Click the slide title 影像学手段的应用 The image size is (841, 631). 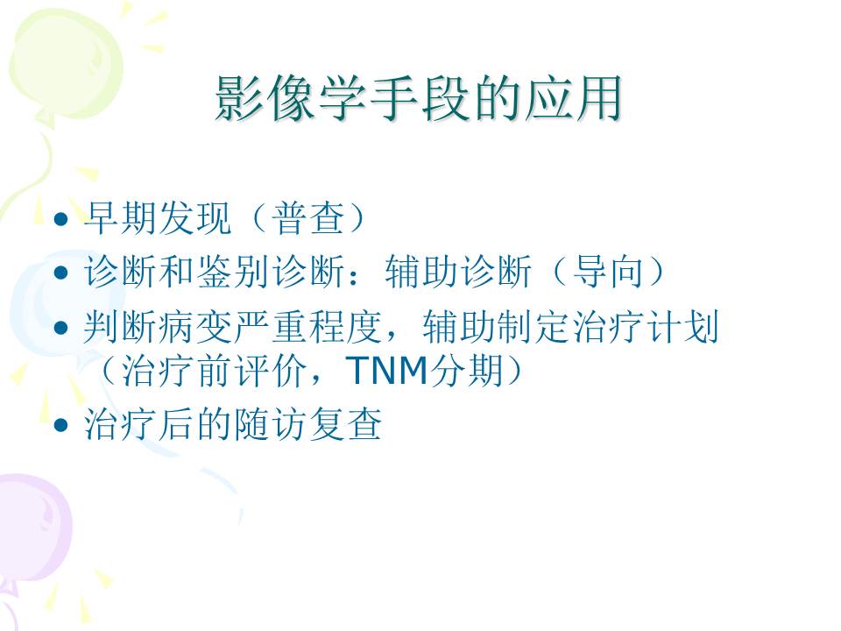point(419,99)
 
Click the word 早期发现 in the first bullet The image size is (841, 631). point(158,220)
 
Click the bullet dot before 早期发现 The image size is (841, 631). point(60,220)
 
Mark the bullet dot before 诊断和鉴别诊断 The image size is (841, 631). point(60,274)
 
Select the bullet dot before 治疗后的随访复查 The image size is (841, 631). point(60,426)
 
